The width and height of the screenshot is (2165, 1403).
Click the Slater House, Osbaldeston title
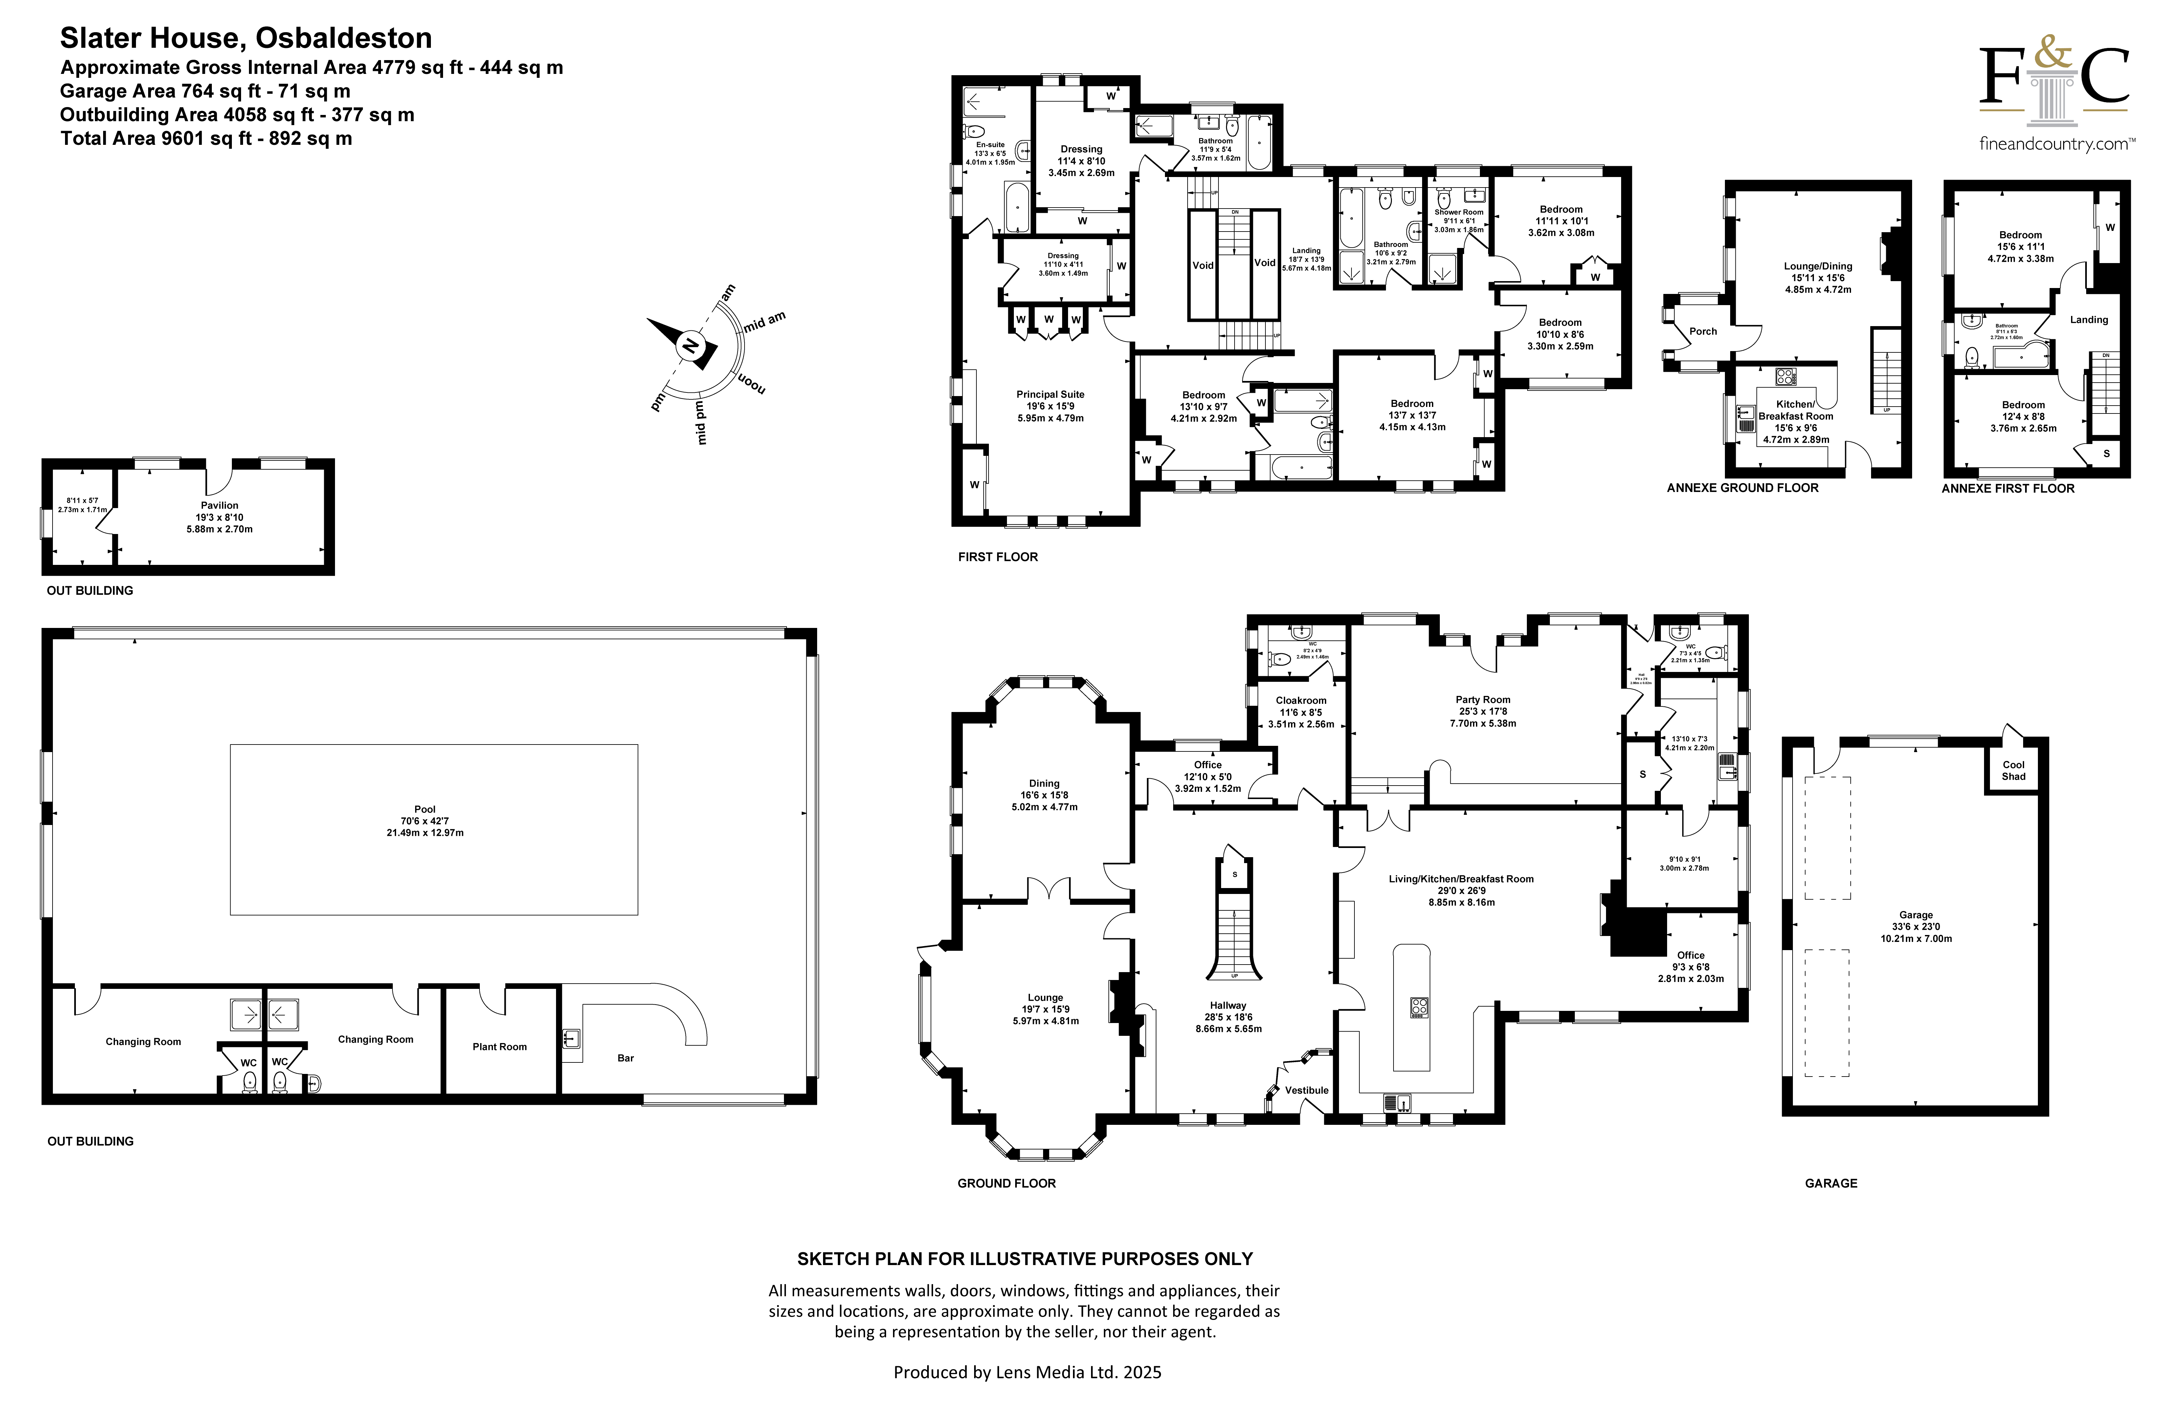246,38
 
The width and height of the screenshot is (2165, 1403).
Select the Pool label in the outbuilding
425,809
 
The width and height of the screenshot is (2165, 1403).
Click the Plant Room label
500,1046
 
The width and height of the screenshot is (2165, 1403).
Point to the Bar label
626,1058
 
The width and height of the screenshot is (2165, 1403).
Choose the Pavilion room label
220,505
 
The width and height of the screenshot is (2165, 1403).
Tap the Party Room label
1483,700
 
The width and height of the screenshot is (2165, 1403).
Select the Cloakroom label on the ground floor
1301,701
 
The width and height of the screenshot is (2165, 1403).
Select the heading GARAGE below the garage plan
1831,1183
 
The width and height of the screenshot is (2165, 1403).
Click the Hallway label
1228,1005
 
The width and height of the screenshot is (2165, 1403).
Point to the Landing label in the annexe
2088,319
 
